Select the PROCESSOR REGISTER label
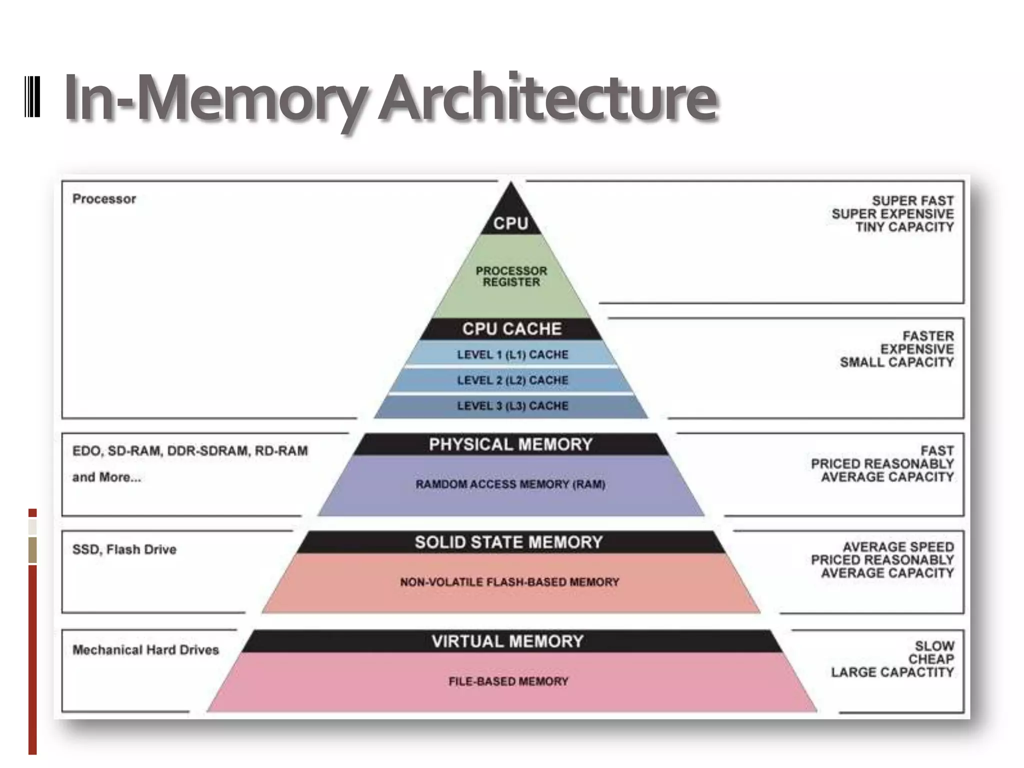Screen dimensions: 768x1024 coord(511,276)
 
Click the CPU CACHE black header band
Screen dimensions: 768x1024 coord(511,329)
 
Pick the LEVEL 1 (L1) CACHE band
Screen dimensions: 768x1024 coord(512,354)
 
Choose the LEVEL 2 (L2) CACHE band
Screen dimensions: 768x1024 coord(512,380)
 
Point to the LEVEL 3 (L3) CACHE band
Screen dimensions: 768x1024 coord(512,405)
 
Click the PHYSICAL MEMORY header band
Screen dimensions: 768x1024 coord(510,444)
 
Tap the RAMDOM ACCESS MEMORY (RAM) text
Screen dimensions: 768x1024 coord(510,484)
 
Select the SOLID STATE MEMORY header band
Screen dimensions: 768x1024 coord(508,542)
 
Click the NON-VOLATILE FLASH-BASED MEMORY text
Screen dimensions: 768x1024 coord(509,582)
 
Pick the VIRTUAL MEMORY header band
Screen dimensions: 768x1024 coord(507,641)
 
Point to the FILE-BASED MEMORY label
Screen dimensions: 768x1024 coord(508,681)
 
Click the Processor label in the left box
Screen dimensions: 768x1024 coord(104,199)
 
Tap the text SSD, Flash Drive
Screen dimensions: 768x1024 coord(124,549)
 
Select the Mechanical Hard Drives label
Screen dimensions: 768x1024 coord(145,650)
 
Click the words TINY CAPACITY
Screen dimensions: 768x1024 coord(904,227)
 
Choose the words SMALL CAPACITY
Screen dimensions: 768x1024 coord(896,362)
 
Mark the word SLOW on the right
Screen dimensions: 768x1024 coord(934,646)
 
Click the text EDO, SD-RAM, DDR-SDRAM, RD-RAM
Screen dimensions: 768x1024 coord(190,451)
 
